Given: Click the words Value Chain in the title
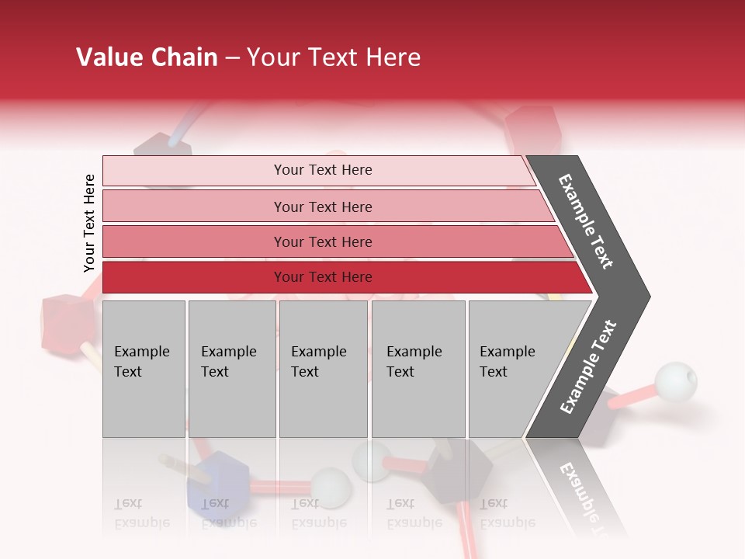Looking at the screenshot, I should pyautogui.click(x=147, y=57).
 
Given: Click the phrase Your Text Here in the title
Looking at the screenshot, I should pyautogui.click(x=334, y=57).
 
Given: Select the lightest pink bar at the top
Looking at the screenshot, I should pyautogui.click(x=318, y=170).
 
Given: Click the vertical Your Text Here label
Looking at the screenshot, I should pyautogui.click(x=89, y=223).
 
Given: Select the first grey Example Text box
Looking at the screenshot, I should pyautogui.click(x=144, y=369).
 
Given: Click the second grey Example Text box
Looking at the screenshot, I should pyautogui.click(x=231, y=369).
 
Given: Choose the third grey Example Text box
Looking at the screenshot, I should pyautogui.click(x=323, y=369).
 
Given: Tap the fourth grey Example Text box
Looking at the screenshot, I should pyautogui.click(x=418, y=369).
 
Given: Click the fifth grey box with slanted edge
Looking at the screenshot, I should pyautogui.click(x=512, y=369).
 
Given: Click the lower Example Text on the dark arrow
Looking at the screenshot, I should pyautogui.click(x=588, y=366).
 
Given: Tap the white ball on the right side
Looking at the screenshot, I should pyautogui.click(x=674, y=381).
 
